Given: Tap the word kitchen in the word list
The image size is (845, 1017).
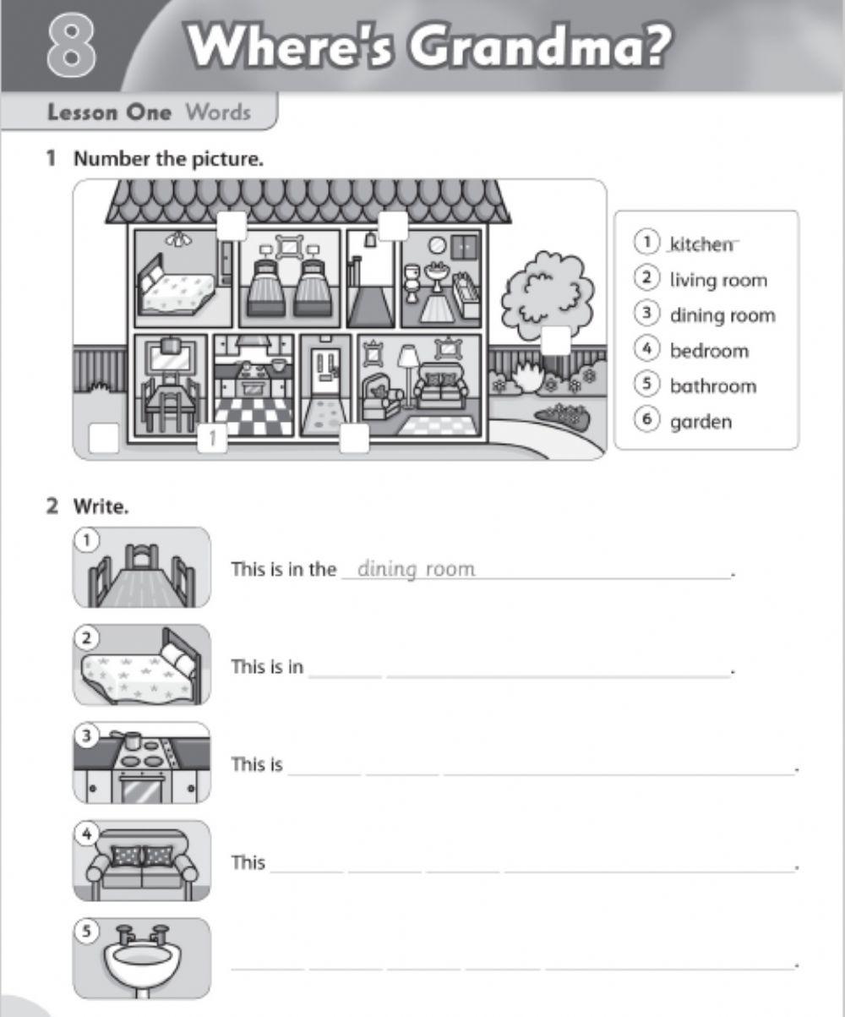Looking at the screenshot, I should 701,244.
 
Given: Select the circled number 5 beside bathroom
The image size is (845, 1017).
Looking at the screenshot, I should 646,385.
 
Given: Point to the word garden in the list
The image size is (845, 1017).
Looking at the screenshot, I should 701,422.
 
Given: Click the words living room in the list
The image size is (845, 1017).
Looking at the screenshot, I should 718,280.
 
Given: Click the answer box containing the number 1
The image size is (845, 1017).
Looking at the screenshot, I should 213,438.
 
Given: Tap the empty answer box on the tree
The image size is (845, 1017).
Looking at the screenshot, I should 555,340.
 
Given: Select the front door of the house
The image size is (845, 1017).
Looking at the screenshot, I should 324,372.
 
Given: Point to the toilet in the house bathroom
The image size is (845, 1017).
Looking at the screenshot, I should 412,282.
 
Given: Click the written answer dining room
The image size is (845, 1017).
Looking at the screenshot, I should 416,569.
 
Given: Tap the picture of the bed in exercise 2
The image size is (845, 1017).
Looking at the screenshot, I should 141,665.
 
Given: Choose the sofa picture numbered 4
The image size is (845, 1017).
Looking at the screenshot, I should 141,861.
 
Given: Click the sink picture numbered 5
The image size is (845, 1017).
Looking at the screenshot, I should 141,958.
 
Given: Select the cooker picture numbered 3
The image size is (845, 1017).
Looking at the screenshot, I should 141,763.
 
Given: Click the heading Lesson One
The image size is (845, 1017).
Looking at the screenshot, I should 109,112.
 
